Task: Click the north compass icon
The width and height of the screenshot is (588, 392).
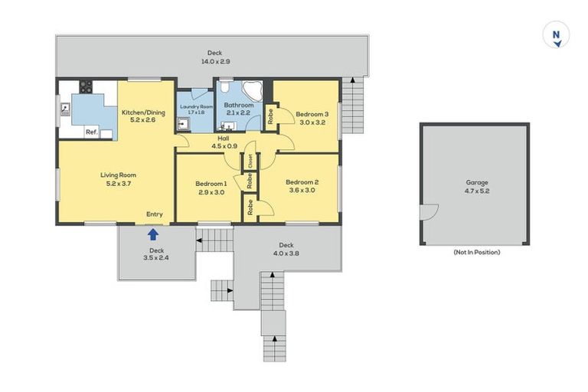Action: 556,34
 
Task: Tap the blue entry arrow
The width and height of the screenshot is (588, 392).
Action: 153,235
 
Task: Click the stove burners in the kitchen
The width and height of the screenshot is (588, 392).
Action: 86,87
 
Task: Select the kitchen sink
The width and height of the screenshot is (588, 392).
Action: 65,109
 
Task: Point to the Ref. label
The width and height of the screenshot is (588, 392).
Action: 92,132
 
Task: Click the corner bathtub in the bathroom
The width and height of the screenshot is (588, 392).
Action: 253,91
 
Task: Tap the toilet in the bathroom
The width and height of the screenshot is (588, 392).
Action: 224,87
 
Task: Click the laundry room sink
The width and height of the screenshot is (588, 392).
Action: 184,123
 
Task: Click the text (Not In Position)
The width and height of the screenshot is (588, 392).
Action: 477,252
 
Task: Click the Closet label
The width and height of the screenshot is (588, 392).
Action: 250,162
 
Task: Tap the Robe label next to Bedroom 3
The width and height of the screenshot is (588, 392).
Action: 270,116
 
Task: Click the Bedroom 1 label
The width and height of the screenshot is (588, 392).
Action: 211,184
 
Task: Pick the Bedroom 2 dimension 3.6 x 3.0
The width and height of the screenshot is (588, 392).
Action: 302,190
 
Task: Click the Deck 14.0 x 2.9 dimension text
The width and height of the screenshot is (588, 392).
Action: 216,61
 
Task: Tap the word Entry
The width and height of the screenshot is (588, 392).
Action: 155,214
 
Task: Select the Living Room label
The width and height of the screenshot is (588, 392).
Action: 118,175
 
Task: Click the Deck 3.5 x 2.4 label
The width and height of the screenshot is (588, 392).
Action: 156,254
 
